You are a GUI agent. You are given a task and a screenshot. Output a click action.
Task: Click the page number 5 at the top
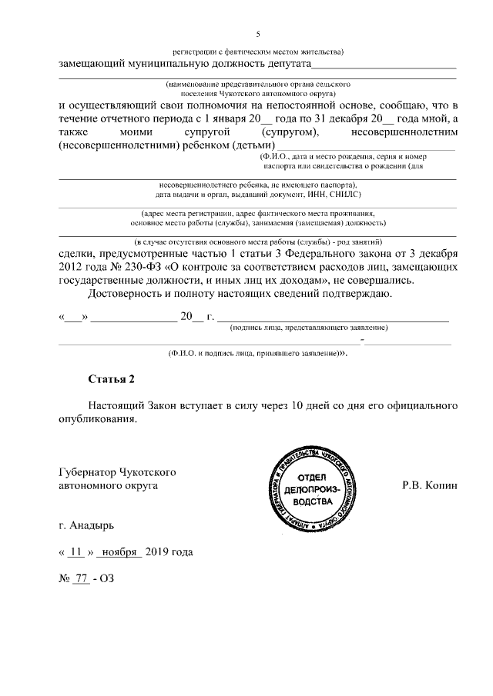(x=258, y=34)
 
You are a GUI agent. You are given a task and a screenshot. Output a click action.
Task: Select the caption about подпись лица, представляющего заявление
(x=309, y=328)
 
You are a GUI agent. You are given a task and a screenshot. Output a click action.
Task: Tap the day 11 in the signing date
(x=75, y=552)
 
